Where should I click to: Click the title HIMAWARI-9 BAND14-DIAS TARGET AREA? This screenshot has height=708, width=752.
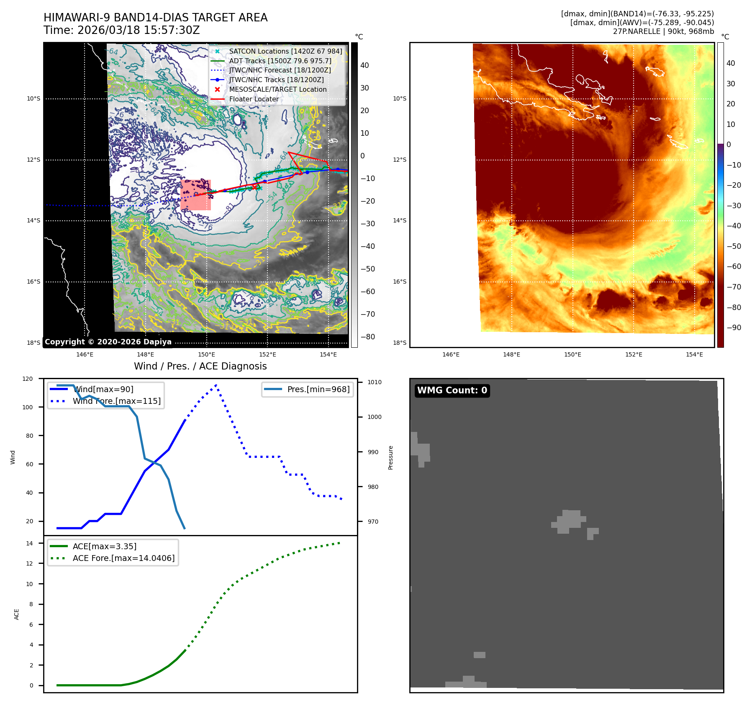[x=155, y=18]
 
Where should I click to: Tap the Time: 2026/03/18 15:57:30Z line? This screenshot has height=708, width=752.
[x=121, y=30]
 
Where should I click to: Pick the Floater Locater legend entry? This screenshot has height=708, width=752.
[x=254, y=99]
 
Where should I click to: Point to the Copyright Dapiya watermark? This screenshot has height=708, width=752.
[x=108, y=342]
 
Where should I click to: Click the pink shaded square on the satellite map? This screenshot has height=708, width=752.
[x=195, y=195]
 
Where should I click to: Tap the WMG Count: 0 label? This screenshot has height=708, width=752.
[x=452, y=390]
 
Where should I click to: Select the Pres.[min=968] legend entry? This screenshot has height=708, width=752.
[x=318, y=389]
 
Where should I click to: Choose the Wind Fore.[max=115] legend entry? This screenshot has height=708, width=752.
[x=116, y=401]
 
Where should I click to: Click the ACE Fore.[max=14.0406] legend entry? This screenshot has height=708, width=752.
[x=123, y=558]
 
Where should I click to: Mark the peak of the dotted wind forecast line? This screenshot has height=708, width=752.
[x=216, y=385]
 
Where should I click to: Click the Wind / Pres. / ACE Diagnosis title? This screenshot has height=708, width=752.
[x=200, y=366]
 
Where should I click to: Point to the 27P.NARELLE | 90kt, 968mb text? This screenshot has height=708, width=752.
[x=663, y=31]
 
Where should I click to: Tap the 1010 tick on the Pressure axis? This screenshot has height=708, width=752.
[x=374, y=382]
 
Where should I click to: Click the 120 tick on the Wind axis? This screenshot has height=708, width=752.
[x=28, y=379]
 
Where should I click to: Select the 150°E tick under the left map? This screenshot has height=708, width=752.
[x=206, y=354]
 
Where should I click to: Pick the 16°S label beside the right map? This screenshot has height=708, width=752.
[x=399, y=282]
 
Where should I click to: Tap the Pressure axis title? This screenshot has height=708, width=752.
[x=390, y=457]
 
